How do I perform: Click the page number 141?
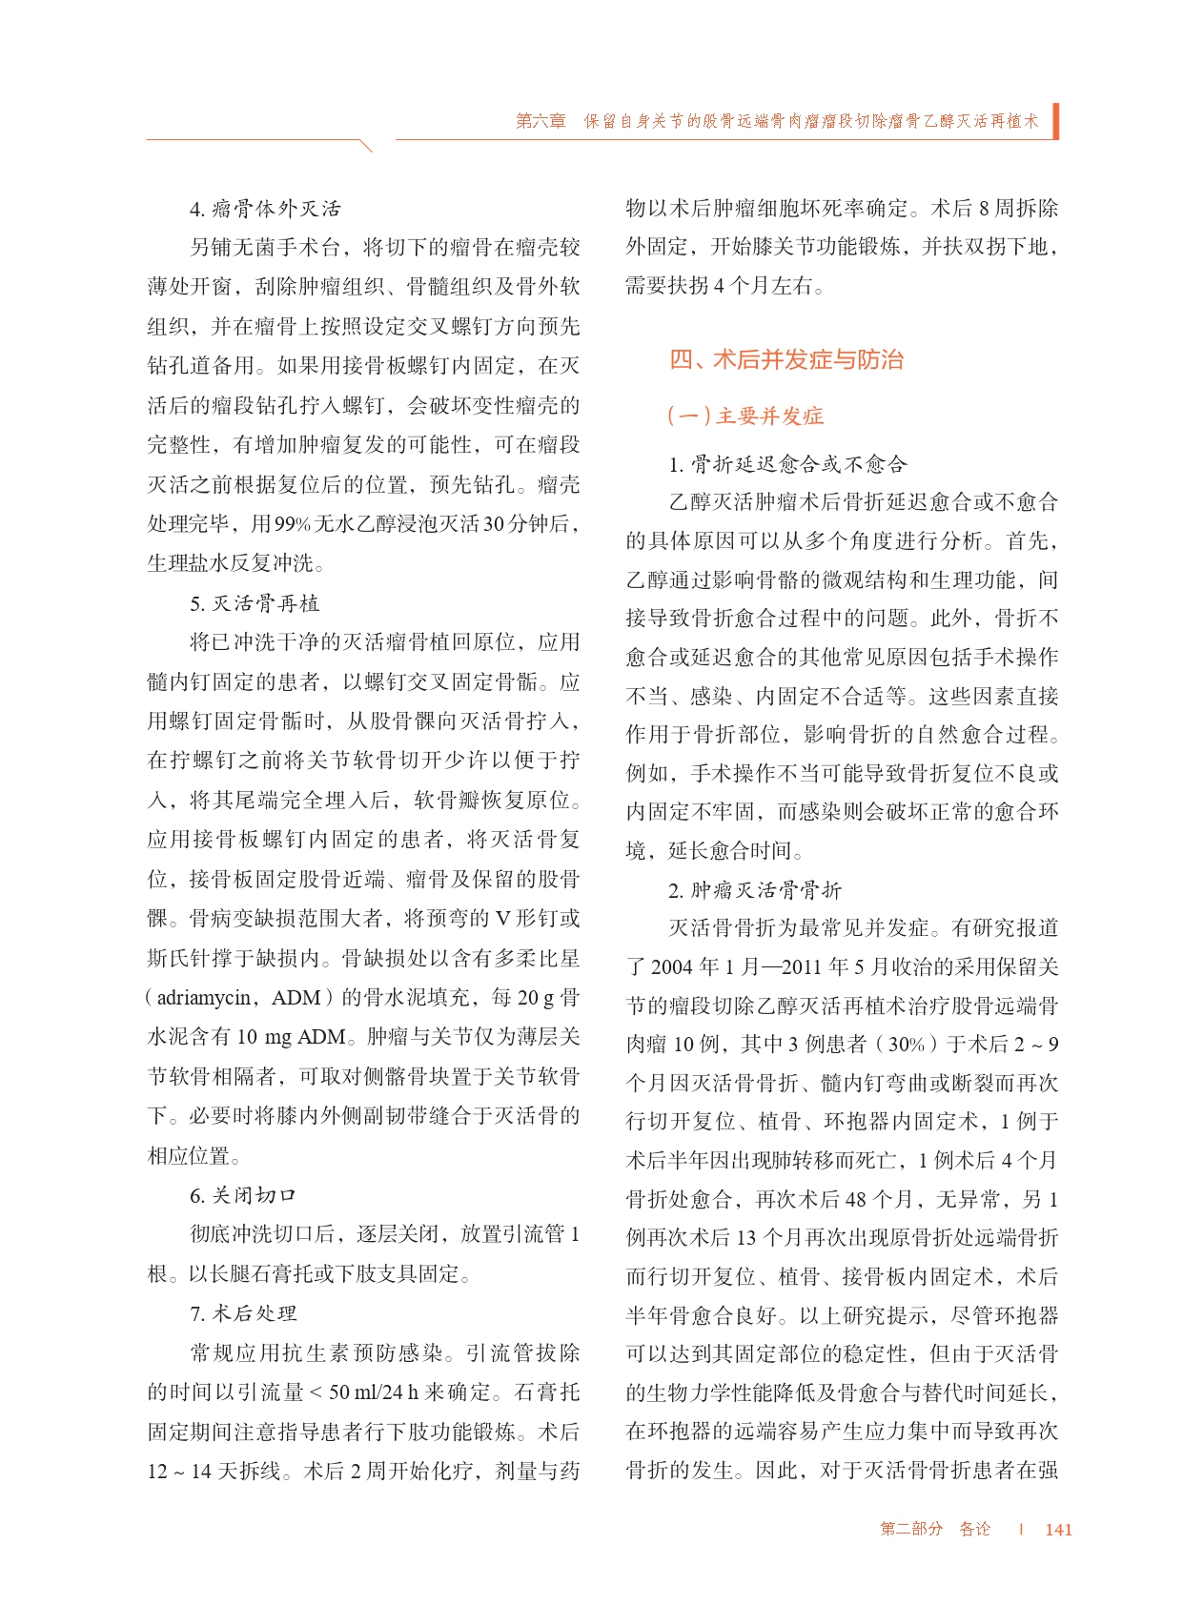click(1058, 1529)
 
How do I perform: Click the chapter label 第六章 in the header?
click(541, 121)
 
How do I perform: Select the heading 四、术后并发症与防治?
click(786, 359)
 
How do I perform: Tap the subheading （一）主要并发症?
click(745, 416)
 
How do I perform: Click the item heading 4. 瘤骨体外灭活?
click(265, 209)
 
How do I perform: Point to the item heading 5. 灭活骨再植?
click(255, 603)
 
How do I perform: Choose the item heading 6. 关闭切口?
click(243, 1195)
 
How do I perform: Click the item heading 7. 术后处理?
click(243, 1313)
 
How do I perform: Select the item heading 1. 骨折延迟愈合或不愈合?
click(787, 464)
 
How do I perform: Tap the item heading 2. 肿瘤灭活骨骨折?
click(755, 890)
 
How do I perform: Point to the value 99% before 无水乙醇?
click(293, 524)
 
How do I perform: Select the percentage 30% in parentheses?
click(907, 1045)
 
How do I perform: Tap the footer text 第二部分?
click(911, 1529)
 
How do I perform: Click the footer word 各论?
click(974, 1529)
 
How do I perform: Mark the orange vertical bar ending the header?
click(1055, 121)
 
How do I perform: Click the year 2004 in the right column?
click(672, 967)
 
